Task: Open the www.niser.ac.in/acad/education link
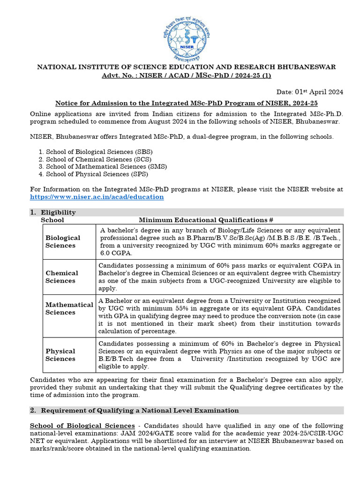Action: click(x=97, y=197)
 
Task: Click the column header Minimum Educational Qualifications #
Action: click(x=206, y=220)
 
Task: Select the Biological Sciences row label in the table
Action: click(x=63, y=241)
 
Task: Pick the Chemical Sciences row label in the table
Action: click(x=62, y=277)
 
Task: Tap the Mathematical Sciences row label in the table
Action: click(x=69, y=308)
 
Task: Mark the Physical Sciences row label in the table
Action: click(x=60, y=355)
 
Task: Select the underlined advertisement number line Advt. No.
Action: click(x=187, y=75)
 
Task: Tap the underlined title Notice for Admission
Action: click(x=187, y=103)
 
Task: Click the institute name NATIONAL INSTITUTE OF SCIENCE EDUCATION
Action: click(x=187, y=67)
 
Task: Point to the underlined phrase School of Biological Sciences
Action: click(x=82, y=426)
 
